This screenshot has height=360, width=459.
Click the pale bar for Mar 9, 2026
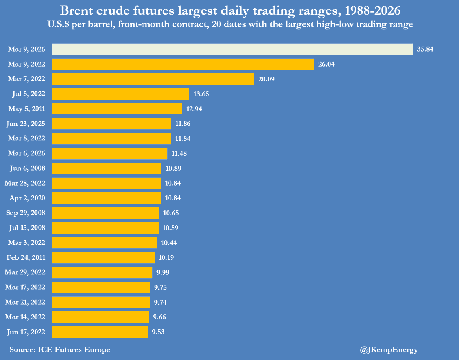(232, 49)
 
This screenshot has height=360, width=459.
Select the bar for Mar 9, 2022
(183, 64)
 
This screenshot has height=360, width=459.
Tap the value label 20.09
(266, 79)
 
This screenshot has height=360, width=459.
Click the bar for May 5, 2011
(117, 109)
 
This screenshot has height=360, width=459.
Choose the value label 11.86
(182, 124)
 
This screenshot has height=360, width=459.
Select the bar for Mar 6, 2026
(109, 153)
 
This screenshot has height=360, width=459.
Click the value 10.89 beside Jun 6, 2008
(173, 168)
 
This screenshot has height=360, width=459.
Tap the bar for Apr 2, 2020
(106, 198)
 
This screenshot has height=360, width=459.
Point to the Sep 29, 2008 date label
(25, 213)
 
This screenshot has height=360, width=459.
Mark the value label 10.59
(170, 228)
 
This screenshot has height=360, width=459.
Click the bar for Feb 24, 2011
(103, 257)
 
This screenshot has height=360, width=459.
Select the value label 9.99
(161, 272)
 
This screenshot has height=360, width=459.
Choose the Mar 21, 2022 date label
(25, 302)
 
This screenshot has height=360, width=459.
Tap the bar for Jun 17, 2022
(99, 332)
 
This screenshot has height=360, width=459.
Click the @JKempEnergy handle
(389, 349)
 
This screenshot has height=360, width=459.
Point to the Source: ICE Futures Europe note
(60, 349)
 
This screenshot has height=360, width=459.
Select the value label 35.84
(425, 49)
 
